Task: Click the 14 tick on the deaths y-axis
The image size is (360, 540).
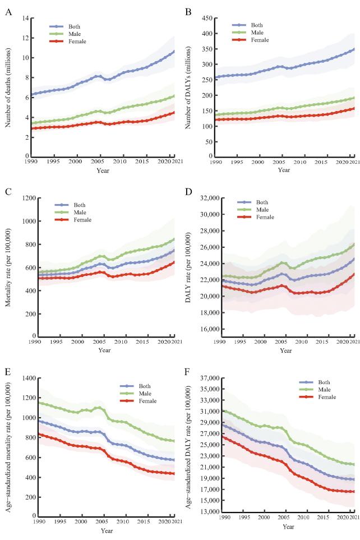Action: (x=25, y=19)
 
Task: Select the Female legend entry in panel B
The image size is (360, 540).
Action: (x=259, y=39)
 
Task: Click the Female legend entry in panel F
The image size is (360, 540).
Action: (x=325, y=397)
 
